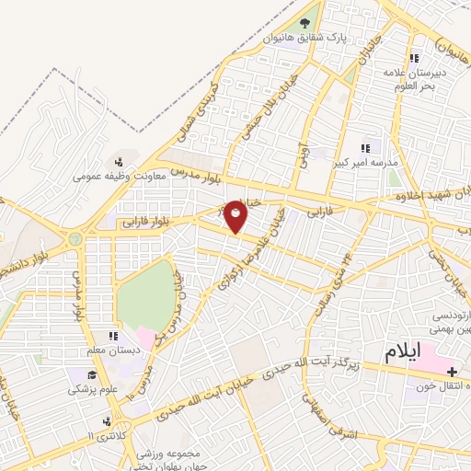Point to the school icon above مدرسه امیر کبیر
pos(365,147)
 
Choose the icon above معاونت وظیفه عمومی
pos(116,163)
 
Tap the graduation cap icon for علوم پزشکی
pos(93,375)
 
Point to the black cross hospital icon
pos(452,372)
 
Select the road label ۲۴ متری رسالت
pos(328,287)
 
